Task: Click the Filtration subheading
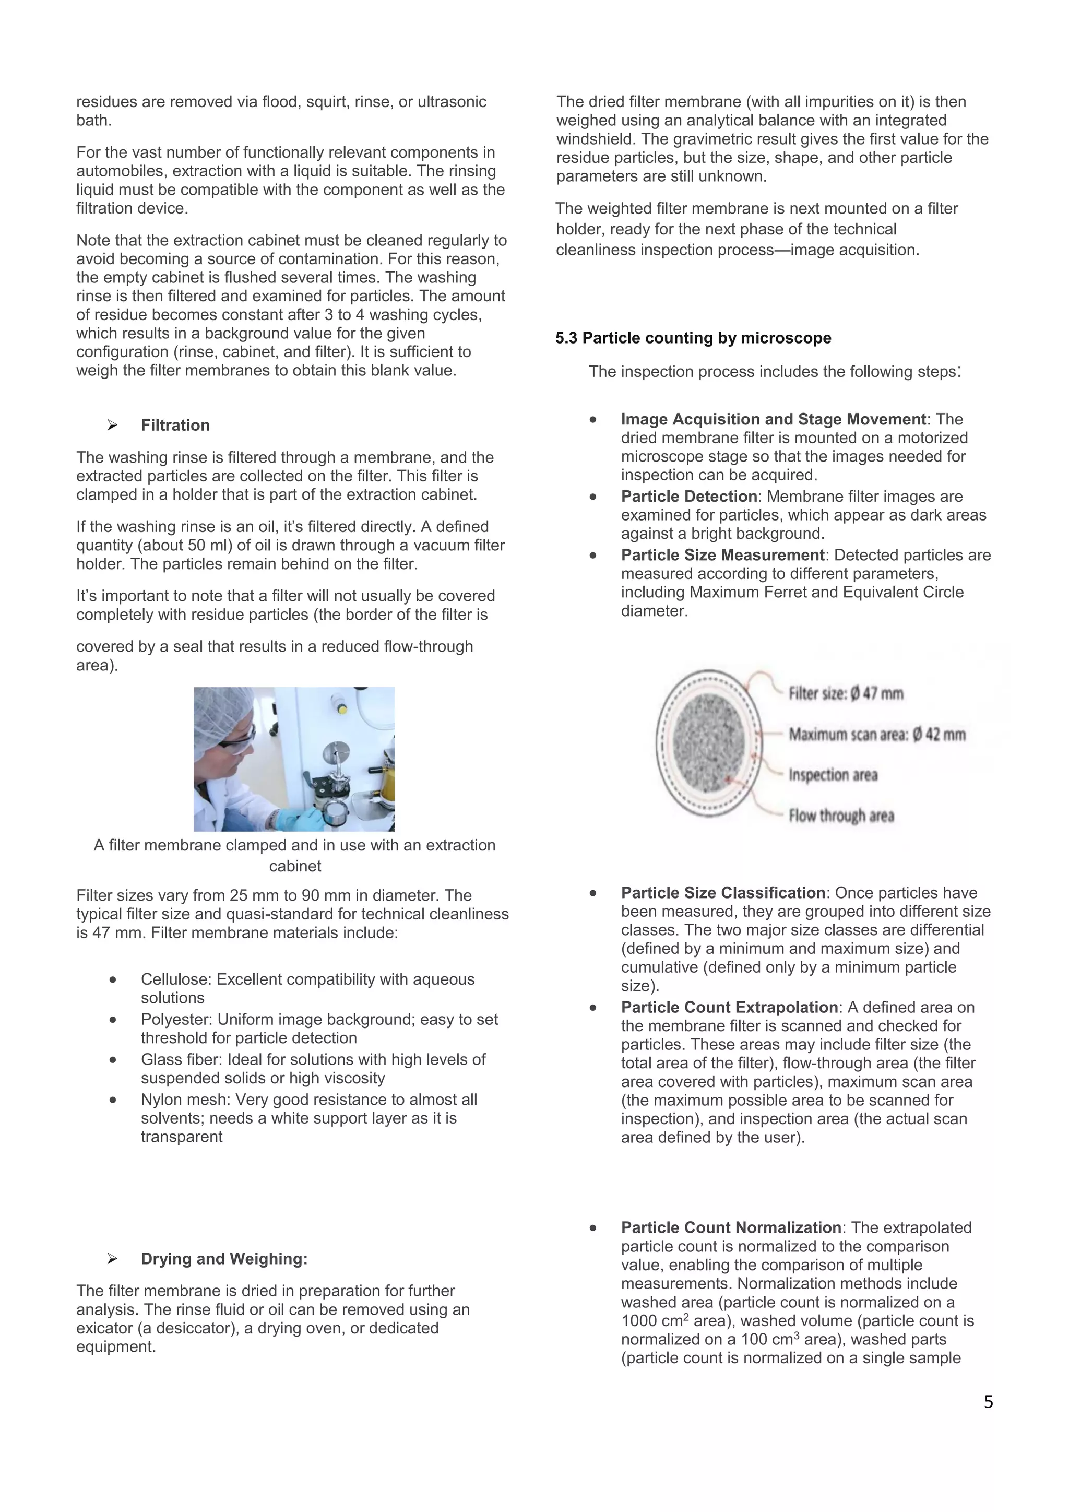click(x=175, y=426)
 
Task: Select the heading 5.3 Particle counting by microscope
click(x=693, y=338)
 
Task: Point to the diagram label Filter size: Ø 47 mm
click(x=846, y=693)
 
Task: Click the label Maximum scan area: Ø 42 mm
click(x=877, y=734)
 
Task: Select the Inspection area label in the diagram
click(x=833, y=775)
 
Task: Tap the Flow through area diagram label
click(x=841, y=816)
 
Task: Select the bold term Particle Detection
click(x=688, y=497)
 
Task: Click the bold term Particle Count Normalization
click(x=731, y=1227)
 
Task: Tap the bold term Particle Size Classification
click(x=723, y=893)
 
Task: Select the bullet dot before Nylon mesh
click(x=113, y=1100)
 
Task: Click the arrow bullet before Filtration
click(x=113, y=426)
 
